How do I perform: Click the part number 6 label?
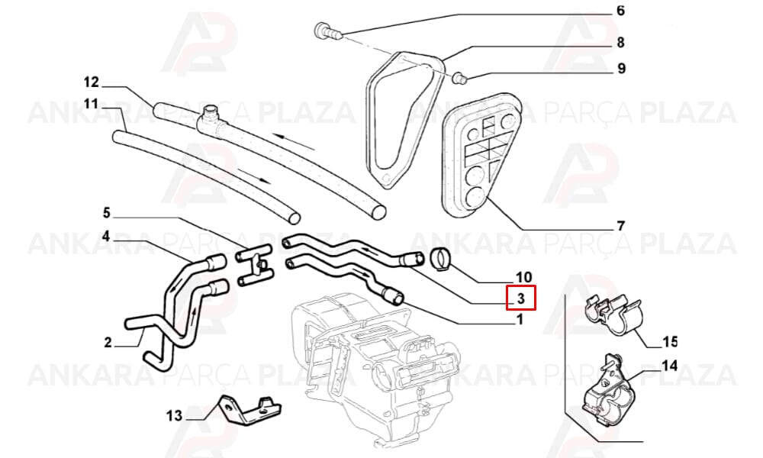tap(620, 10)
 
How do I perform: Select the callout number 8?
tap(620, 42)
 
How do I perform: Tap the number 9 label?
tap(621, 69)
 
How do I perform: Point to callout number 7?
tap(620, 226)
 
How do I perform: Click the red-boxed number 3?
tap(520, 298)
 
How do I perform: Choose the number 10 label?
tap(523, 277)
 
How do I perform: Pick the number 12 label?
tap(91, 82)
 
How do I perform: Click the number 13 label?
tap(174, 416)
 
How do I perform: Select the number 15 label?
tap(670, 342)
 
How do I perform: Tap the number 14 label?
tap(670, 365)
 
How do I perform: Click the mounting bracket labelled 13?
tap(250, 411)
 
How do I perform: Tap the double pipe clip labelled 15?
tap(613, 315)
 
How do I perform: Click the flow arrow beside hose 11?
tap(253, 176)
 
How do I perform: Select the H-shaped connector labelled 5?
tap(254, 266)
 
